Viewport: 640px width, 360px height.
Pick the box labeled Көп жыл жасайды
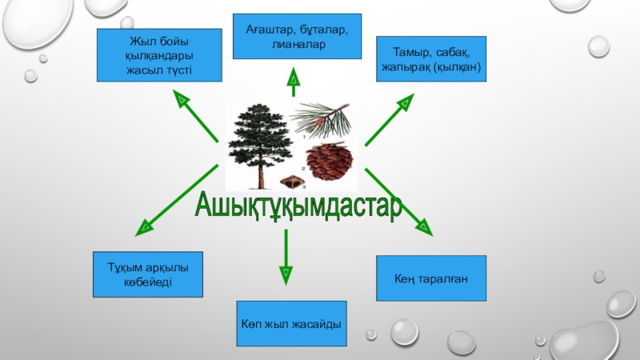coord(292,324)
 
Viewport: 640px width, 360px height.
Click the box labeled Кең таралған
coord(430,278)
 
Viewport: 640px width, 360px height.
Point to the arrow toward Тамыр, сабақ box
coord(390,119)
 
